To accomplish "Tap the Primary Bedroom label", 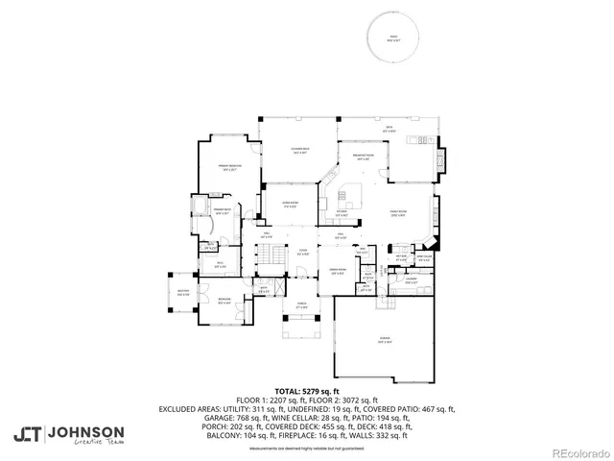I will click(227, 167).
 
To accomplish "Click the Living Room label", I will click(292, 203).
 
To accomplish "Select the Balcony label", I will click(183, 293).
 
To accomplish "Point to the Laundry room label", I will click(410, 282).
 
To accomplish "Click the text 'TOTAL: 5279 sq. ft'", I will click(307, 391).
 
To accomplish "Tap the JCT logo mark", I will click(27, 433).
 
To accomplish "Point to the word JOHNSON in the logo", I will click(85, 430).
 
